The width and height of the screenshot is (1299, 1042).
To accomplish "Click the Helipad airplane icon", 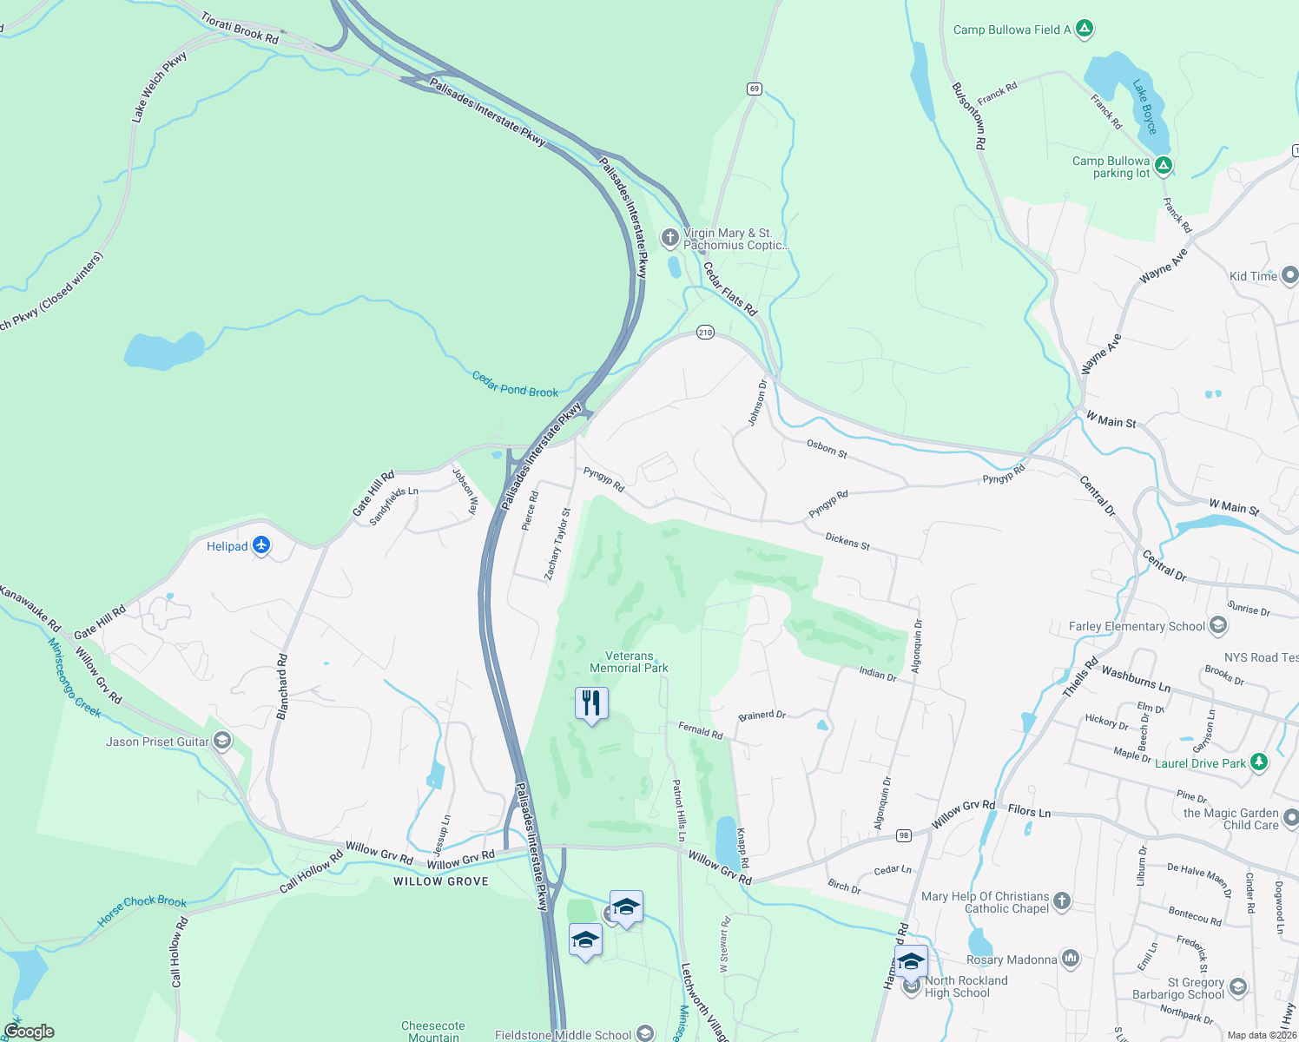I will tap(262, 546).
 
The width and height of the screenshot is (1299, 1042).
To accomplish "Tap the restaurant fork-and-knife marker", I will tap(591, 702).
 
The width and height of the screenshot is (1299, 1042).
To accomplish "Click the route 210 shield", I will tap(705, 333).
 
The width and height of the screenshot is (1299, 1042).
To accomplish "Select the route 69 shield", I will tap(754, 89).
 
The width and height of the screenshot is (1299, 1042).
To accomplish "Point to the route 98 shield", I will tap(904, 835).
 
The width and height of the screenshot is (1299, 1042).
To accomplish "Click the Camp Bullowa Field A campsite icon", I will tap(1084, 29).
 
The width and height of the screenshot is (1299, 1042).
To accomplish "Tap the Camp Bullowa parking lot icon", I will tap(1164, 166).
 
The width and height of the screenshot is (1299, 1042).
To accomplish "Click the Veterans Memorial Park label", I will tap(629, 663).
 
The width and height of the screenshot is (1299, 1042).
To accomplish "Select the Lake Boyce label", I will tap(1145, 107).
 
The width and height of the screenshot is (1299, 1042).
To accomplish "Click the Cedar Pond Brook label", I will tap(515, 385).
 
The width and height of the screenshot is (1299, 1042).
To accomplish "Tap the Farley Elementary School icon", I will tap(1218, 625).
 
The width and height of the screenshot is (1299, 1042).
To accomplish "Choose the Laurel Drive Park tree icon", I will tap(1259, 762).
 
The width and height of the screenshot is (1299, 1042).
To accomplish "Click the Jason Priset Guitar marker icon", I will tap(222, 741).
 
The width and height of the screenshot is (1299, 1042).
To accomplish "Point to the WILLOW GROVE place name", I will tap(441, 881).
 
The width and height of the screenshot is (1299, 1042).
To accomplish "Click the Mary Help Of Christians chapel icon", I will tap(1061, 902).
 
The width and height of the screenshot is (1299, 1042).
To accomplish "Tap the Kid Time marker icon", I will tap(1289, 276).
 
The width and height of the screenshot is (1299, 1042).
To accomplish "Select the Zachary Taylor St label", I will tap(557, 544).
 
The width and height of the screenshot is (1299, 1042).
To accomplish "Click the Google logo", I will tap(29, 1032).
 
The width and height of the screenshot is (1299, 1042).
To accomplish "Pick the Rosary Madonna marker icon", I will tap(1070, 959).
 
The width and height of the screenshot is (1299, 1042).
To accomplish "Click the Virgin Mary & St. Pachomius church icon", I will tap(669, 237).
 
